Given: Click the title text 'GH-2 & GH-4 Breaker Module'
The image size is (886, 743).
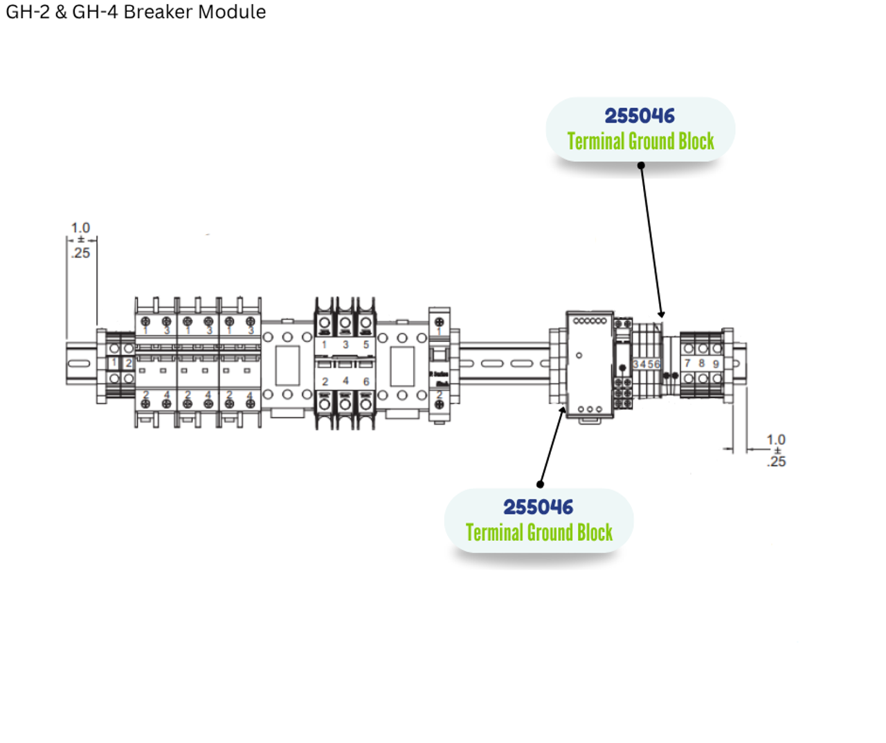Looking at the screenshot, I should pyautogui.click(x=136, y=12).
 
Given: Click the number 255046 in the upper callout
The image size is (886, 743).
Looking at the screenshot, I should pyautogui.click(x=640, y=116).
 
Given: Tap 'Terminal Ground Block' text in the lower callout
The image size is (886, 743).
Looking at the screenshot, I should pyautogui.click(x=539, y=532).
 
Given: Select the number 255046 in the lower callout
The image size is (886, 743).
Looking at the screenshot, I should pyautogui.click(x=538, y=507).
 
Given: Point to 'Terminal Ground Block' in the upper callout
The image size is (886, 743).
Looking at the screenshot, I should pyautogui.click(x=640, y=141).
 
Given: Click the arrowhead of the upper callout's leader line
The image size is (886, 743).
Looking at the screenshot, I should pyautogui.click(x=661, y=315).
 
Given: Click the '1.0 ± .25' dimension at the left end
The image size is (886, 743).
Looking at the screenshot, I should pyautogui.click(x=80, y=240).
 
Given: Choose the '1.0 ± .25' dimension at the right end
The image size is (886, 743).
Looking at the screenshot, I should pyautogui.click(x=776, y=450).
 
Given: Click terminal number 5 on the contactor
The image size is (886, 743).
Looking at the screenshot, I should pyautogui.click(x=366, y=344).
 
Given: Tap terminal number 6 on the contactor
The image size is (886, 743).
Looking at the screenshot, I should pyautogui.click(x=366, y=381).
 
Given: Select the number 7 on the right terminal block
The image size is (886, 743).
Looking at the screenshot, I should pyautogui.click(x=687, y=363).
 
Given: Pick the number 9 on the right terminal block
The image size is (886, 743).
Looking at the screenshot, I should pyautogui.click(x=716, y=363).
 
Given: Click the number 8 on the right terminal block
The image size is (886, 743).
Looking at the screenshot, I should pyautogui.click(x=701, y=363).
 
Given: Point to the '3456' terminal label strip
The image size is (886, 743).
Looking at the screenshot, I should pyautogui.click(x=647, y=364).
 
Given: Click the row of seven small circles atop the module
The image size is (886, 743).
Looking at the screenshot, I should pyautogui.click(x=590, y=321).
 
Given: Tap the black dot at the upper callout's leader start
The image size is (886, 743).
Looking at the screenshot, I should pyautogui.click(x=641, y=165).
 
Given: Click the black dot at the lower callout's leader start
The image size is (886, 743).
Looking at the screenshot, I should pyautogui.click(x=540, y=484).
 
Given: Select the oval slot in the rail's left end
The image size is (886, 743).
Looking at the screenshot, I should pyautogui.click(x=79, y=364).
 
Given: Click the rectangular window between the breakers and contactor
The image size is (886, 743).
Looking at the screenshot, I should pyautogui.click(x=287, y=366).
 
